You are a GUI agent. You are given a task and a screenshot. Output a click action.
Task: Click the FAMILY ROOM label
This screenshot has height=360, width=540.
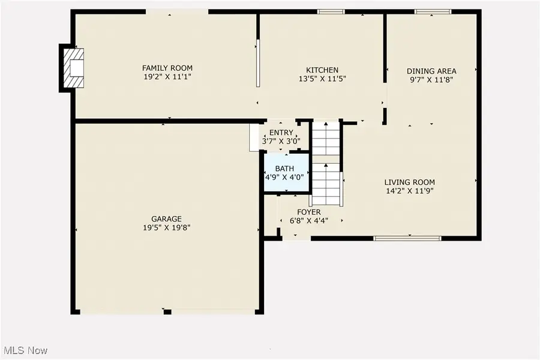coord(167,68)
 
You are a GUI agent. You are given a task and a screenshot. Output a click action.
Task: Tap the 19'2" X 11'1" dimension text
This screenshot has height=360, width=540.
coord(167,77)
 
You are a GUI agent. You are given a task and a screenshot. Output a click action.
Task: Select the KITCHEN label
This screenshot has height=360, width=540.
coord(322,70)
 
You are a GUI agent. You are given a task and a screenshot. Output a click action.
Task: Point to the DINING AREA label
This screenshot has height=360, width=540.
coord(431,71)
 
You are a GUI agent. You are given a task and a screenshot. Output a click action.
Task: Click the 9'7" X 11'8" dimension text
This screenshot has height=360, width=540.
coord(431,80)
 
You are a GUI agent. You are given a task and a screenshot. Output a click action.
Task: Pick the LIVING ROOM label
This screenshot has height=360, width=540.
coord(409,182)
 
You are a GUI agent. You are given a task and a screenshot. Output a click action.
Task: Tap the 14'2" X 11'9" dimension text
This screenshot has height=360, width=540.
coord(409,191)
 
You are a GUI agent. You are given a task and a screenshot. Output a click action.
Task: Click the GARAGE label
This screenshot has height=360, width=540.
coord(166,219)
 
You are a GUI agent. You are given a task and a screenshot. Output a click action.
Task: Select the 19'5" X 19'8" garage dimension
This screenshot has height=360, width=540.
coord(167,228)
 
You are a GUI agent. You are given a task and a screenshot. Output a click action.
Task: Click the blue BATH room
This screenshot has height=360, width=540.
coord(287,172)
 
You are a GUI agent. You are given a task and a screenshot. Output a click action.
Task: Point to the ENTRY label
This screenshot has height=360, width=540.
coord(281,132)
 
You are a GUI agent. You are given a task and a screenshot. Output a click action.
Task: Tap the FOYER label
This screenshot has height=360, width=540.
coord(309,212)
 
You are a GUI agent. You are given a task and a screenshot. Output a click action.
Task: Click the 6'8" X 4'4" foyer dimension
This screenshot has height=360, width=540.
coord(309,221)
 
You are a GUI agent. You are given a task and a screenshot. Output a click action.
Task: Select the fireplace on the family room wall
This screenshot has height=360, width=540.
coord(73,68)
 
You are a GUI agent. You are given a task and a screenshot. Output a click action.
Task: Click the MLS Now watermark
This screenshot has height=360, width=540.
coord(24,350)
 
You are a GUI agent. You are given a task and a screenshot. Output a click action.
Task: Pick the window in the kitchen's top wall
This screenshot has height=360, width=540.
coord(331,12)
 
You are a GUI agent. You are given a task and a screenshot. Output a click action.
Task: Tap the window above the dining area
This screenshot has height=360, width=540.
coord(433,12)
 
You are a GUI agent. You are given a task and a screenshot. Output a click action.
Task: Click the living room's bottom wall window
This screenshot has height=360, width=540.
coord(407,238)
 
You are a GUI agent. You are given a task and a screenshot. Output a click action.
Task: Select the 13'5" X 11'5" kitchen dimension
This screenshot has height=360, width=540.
coord(322,79)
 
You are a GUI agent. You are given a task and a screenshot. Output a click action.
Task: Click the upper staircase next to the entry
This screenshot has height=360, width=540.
coord(326,138)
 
